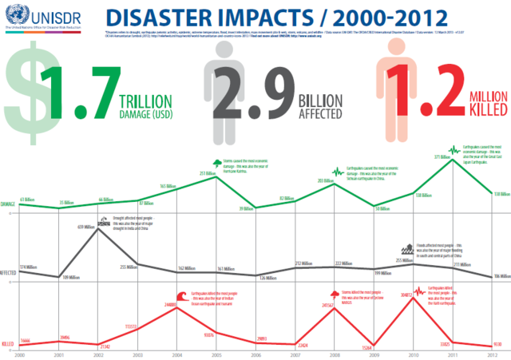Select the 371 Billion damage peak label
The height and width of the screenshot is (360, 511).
(x=443, y=157)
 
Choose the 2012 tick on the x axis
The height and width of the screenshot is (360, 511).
(x=489, y=354)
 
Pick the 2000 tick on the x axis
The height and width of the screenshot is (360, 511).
(x=20, y=354)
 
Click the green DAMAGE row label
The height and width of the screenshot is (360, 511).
(x=9, y=204)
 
